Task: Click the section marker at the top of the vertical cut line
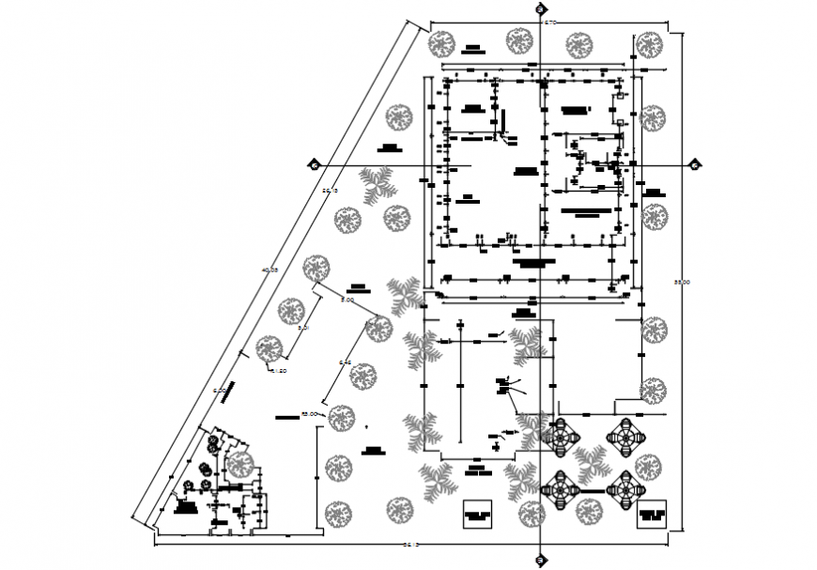540,9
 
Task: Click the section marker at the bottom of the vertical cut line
540,561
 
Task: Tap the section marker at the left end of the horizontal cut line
314,165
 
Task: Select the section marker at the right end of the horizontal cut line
695,165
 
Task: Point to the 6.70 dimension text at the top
550,22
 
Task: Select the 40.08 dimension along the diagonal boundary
270,270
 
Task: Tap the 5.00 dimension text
347,300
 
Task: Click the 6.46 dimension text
345,363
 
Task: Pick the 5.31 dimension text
302,330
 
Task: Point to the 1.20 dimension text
279,371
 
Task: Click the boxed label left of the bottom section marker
478,516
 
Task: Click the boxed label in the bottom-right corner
651,516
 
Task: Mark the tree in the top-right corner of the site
647,43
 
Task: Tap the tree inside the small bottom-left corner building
240,463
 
